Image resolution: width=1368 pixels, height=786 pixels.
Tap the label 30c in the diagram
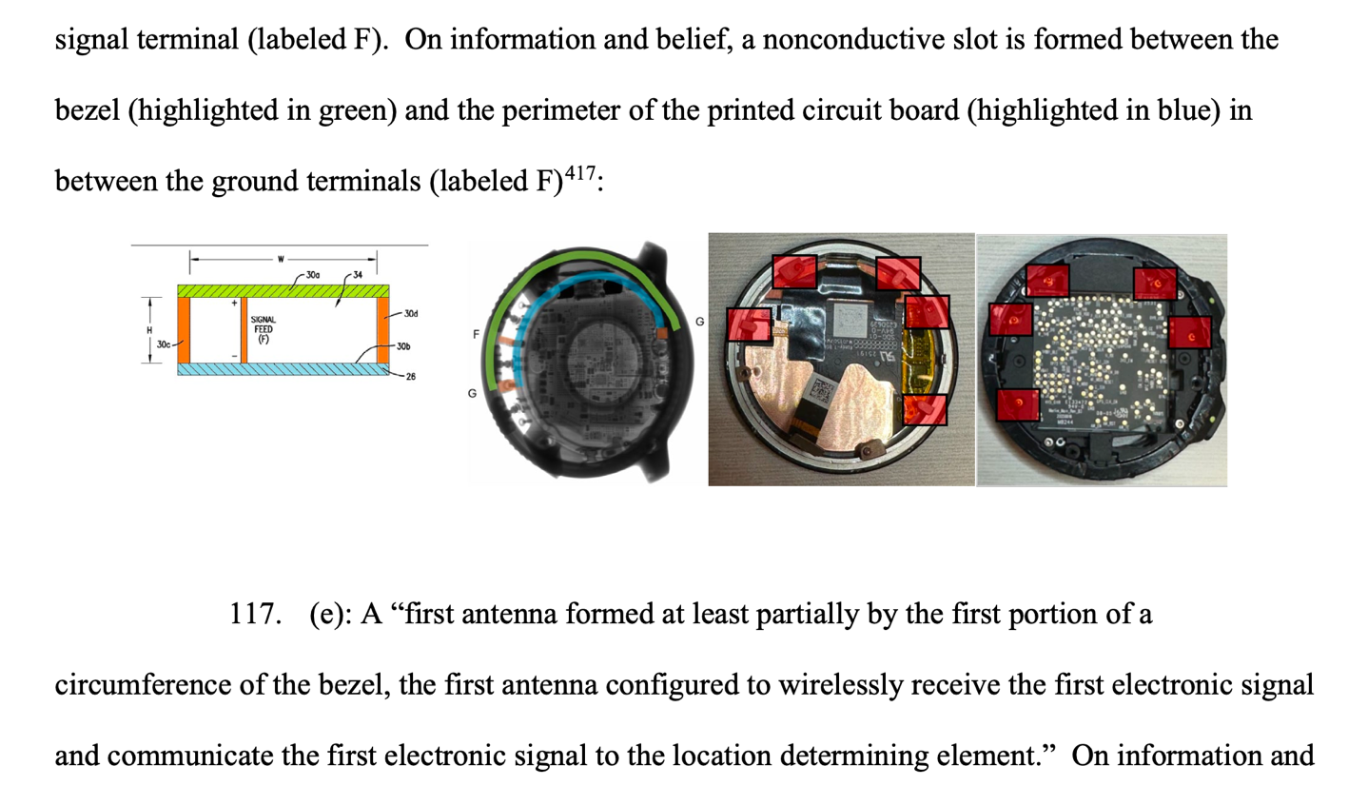pyautogui.click(x=162, y=344)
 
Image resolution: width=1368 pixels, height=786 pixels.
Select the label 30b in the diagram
pyautogui.click(x=403, y=346)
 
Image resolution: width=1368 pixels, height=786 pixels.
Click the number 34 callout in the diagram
pyautogui.click(x=359, y=274)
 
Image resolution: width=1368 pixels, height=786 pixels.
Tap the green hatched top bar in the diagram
pyautogui.click(x=282, y=290)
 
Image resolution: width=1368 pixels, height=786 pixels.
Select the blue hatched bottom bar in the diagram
pyautogui.click(x=282, y=369)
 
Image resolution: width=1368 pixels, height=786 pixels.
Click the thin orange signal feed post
pyautogui.click(x=244, y=328)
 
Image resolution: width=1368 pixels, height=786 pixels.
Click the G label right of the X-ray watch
pyautogui.click(x=700, y=323)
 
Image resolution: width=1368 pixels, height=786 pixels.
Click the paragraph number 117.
pyautogui.click(x=255, y=615)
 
